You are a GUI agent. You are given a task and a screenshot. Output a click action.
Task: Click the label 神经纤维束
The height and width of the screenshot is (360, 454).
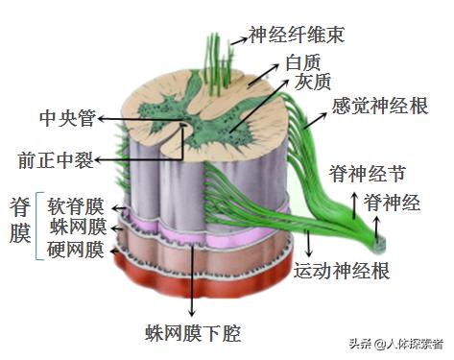tap(296, 36)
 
